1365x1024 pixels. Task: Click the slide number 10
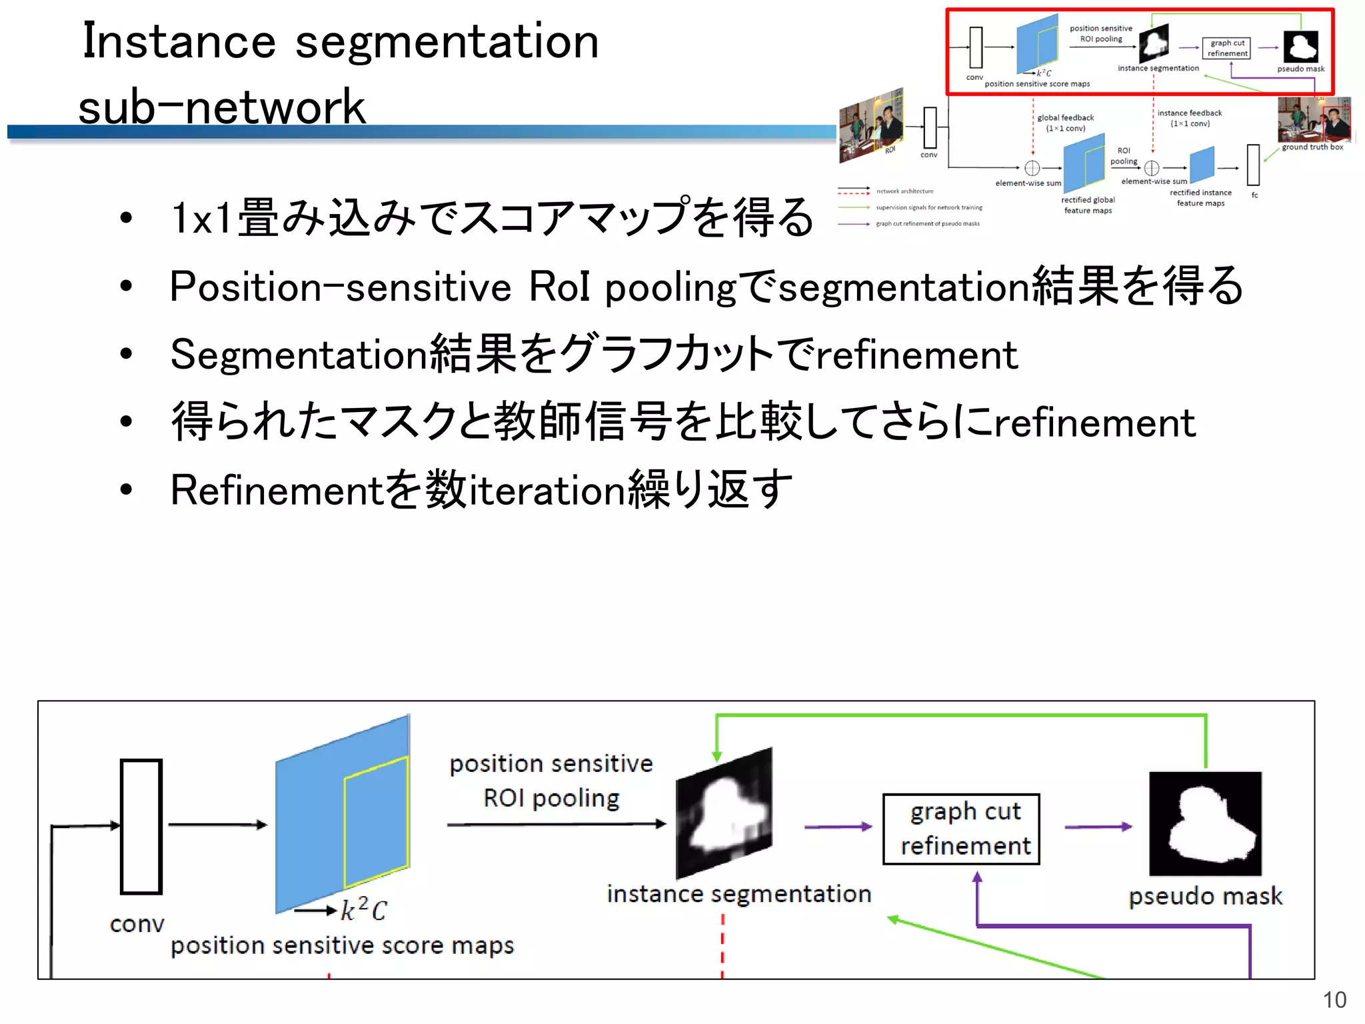point(1334,1000)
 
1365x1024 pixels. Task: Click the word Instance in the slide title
point(179,41)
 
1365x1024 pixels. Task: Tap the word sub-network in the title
point(222,107)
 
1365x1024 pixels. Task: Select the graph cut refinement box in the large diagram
point(961,829)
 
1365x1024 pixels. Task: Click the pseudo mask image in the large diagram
point(1205,823)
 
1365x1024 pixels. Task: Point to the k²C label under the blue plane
point(363,909)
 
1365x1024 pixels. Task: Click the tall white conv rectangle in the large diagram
point(141,826)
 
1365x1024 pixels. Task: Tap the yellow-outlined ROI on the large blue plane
point(376,822)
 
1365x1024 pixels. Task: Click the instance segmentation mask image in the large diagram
point(724,813)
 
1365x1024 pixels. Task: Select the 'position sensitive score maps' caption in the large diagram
point(342,945)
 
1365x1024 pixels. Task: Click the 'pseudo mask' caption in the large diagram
point(1205,896)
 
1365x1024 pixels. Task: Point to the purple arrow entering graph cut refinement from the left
point(838,827)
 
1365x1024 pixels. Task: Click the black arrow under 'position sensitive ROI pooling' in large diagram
point(556,825)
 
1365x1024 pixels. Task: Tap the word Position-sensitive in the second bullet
point(340,287)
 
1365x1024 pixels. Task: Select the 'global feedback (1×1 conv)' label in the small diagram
point(1065,123)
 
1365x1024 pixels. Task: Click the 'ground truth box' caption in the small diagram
point(1312,147)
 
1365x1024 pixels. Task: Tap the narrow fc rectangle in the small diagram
point(1254,165)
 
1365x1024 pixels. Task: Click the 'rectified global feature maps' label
point(1088,205)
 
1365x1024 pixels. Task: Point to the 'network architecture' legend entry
point(904,191)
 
